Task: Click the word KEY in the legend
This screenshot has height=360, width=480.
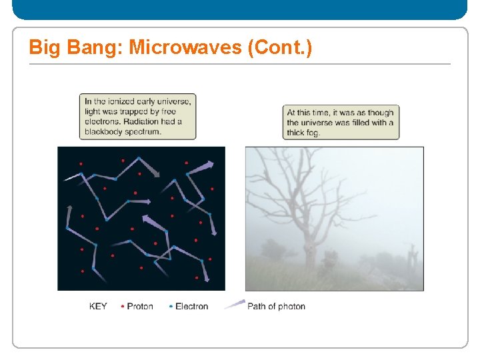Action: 98,307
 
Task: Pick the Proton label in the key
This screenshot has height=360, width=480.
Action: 140,307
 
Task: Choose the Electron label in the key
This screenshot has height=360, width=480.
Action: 191,307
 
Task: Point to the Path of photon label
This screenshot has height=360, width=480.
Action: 276,307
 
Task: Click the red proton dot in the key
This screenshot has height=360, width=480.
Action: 123,307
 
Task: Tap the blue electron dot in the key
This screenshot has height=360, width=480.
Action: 171,307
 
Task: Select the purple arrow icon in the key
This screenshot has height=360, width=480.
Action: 235,305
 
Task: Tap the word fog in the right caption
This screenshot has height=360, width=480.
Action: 313,133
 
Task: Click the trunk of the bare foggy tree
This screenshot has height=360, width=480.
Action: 309,250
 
